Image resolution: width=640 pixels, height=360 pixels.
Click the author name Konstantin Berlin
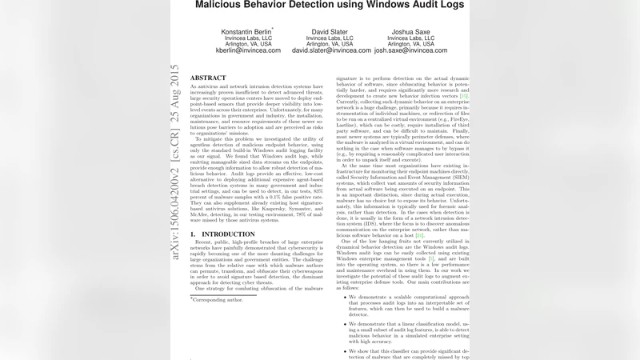tap(246, 31)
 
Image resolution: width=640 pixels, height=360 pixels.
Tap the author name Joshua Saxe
tap(410, 31)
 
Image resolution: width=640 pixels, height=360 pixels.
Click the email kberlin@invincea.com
tap(248, 50)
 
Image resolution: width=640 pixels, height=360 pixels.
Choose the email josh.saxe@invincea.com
tap(410, 50)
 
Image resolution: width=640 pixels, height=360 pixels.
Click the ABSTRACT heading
tap(208, 78)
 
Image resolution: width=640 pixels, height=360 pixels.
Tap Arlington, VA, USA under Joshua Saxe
tap(410, 43)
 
